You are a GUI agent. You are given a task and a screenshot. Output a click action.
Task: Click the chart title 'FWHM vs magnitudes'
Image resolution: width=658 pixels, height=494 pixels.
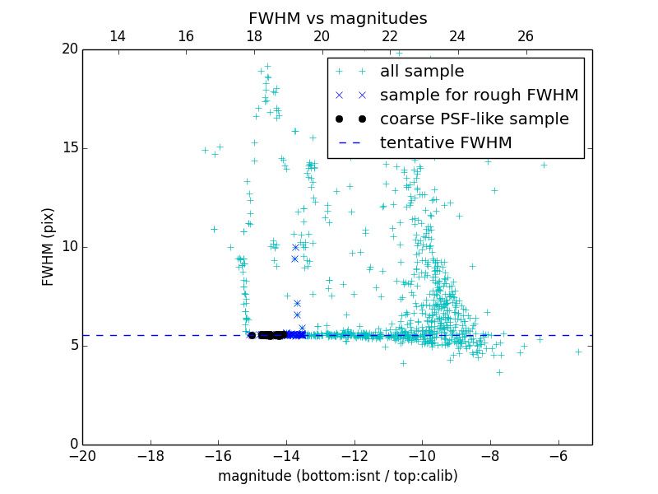337,18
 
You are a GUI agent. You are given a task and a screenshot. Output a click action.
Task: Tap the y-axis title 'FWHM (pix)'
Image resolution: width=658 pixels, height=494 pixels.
49,246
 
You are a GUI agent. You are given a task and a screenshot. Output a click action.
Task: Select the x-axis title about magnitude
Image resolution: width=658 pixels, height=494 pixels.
337,476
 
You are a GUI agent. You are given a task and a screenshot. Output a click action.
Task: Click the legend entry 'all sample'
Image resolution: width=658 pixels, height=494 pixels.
421,72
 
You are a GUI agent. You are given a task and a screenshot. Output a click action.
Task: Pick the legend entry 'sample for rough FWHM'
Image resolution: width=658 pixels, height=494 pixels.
479,95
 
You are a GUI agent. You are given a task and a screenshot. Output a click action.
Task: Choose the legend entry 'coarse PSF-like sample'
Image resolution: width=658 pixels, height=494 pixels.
474,119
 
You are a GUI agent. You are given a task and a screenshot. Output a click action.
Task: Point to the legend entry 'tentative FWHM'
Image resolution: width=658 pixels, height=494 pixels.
445,142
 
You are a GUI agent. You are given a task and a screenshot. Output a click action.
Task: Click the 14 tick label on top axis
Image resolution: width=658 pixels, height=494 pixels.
117,36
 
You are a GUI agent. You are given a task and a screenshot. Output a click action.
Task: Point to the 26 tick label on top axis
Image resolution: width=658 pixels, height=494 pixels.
525,36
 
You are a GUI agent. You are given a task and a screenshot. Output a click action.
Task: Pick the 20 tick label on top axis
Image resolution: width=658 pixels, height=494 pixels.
321,36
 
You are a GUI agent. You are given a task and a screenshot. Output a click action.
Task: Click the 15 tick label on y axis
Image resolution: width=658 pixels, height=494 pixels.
69,148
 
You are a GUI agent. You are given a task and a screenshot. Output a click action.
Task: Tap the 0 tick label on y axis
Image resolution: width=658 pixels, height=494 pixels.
73,445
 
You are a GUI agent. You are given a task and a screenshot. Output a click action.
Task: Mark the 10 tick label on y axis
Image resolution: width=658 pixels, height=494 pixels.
69,247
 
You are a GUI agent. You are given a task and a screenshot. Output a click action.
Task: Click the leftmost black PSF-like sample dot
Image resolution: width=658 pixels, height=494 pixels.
252,335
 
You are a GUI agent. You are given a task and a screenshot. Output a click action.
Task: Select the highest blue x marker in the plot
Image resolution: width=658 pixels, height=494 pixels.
295,247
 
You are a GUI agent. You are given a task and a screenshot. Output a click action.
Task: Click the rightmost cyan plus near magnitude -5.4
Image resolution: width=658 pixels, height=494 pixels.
578,352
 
